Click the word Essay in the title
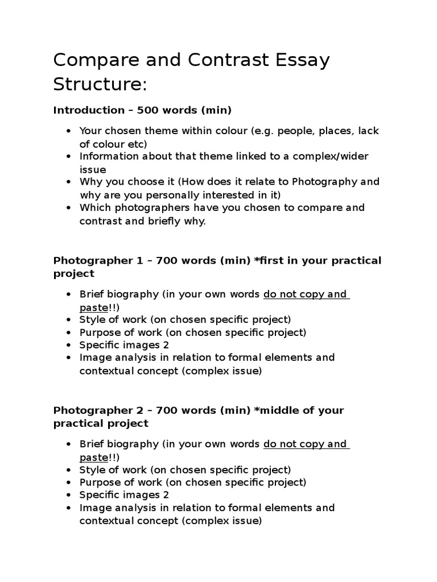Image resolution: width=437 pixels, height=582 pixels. (x=299, y=60)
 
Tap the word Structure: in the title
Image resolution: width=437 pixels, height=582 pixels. (x=100, y=84)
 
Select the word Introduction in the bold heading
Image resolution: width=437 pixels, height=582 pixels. (x=88, y=110)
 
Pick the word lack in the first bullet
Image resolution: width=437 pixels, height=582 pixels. (x=368, y=131)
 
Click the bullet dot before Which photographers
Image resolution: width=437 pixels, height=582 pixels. (x=68, y=208)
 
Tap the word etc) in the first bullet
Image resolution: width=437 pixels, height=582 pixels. (x=137, y=144)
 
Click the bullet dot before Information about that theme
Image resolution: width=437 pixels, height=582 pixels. (x=68, y=157)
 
